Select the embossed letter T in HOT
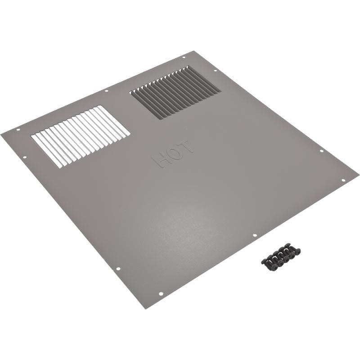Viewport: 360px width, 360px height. (187, 147)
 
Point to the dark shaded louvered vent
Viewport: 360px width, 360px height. (175, 93)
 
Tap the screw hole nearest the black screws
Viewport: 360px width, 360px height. (254, 235)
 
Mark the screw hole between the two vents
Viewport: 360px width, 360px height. (107, 91)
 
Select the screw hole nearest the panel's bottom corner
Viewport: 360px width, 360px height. (161, 294)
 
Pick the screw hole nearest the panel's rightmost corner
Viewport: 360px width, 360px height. (343, 180)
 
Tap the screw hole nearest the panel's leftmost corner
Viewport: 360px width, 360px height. (18, 130)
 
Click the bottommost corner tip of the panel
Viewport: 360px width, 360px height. (145, 308)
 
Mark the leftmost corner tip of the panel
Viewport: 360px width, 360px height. (1, 133)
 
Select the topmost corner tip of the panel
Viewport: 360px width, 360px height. (193, 51)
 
